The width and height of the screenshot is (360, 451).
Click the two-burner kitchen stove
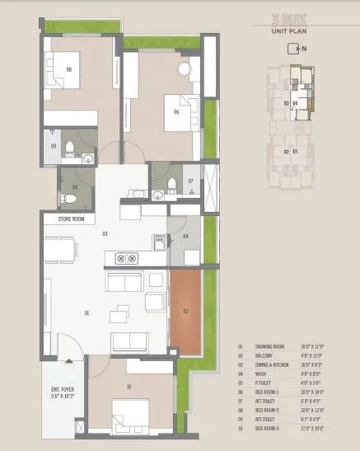coord(127,258)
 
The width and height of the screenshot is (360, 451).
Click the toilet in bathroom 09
coord(72,148)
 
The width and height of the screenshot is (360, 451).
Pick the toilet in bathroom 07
coord(171,183)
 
